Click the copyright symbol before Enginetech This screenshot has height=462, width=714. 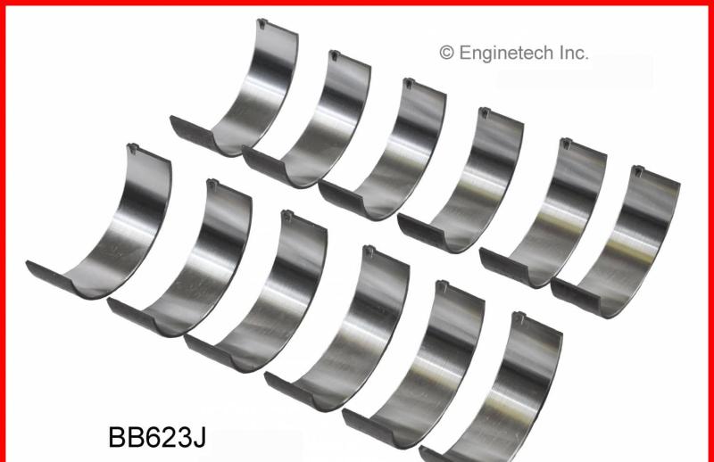[x=446, y=53]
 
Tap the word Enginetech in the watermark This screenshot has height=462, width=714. [x=506, y=53]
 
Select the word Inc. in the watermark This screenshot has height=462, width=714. [x=573, y=53]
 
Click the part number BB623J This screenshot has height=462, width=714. [x=157, y=437]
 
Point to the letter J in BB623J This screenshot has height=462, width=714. [x=199, y=437]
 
